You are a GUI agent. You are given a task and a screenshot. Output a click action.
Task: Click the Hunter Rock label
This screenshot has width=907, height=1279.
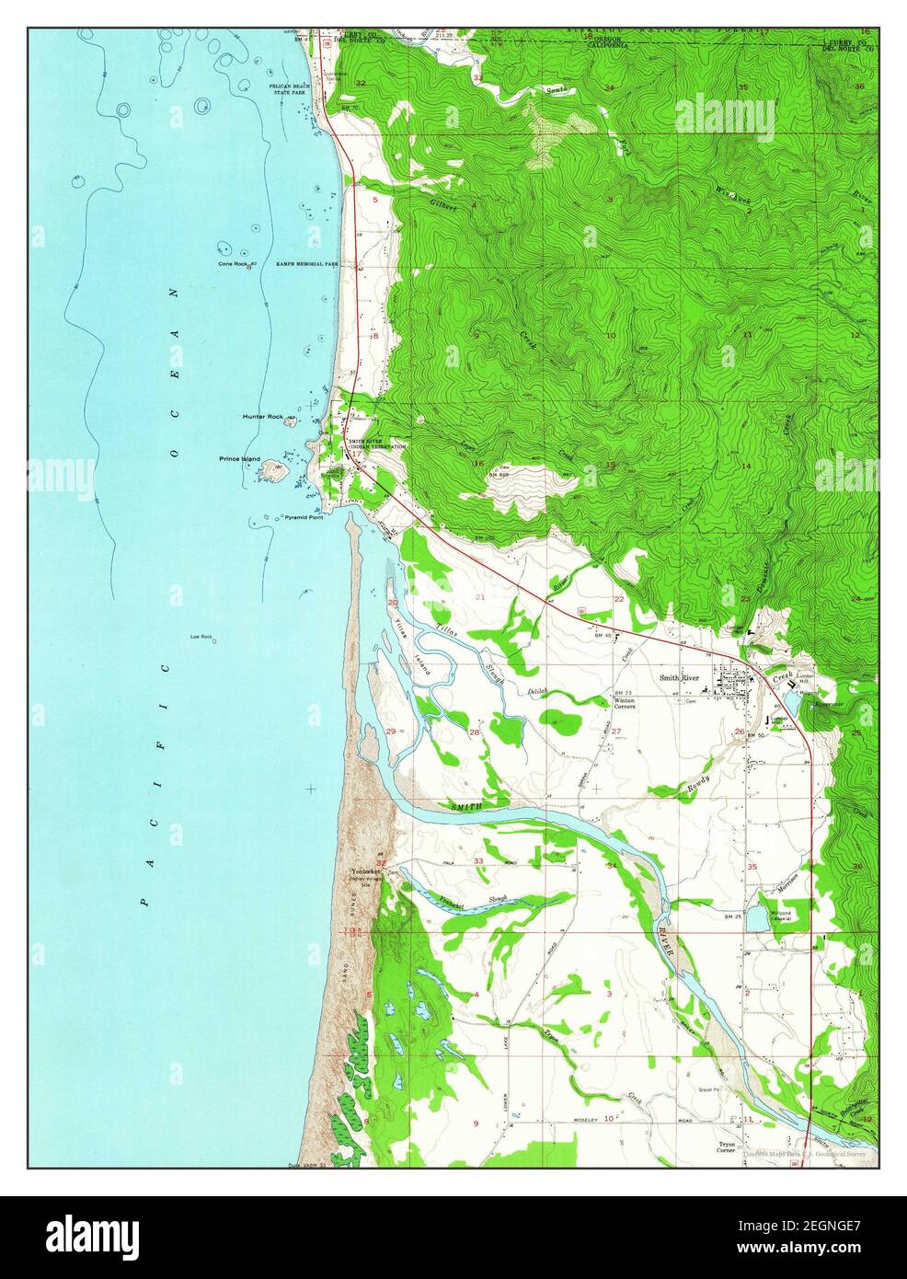263,417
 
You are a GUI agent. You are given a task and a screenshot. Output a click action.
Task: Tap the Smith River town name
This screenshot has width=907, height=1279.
679,678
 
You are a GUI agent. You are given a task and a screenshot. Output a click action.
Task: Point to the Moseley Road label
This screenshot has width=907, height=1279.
586,1119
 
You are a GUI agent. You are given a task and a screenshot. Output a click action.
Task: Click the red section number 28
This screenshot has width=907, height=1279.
475,732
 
